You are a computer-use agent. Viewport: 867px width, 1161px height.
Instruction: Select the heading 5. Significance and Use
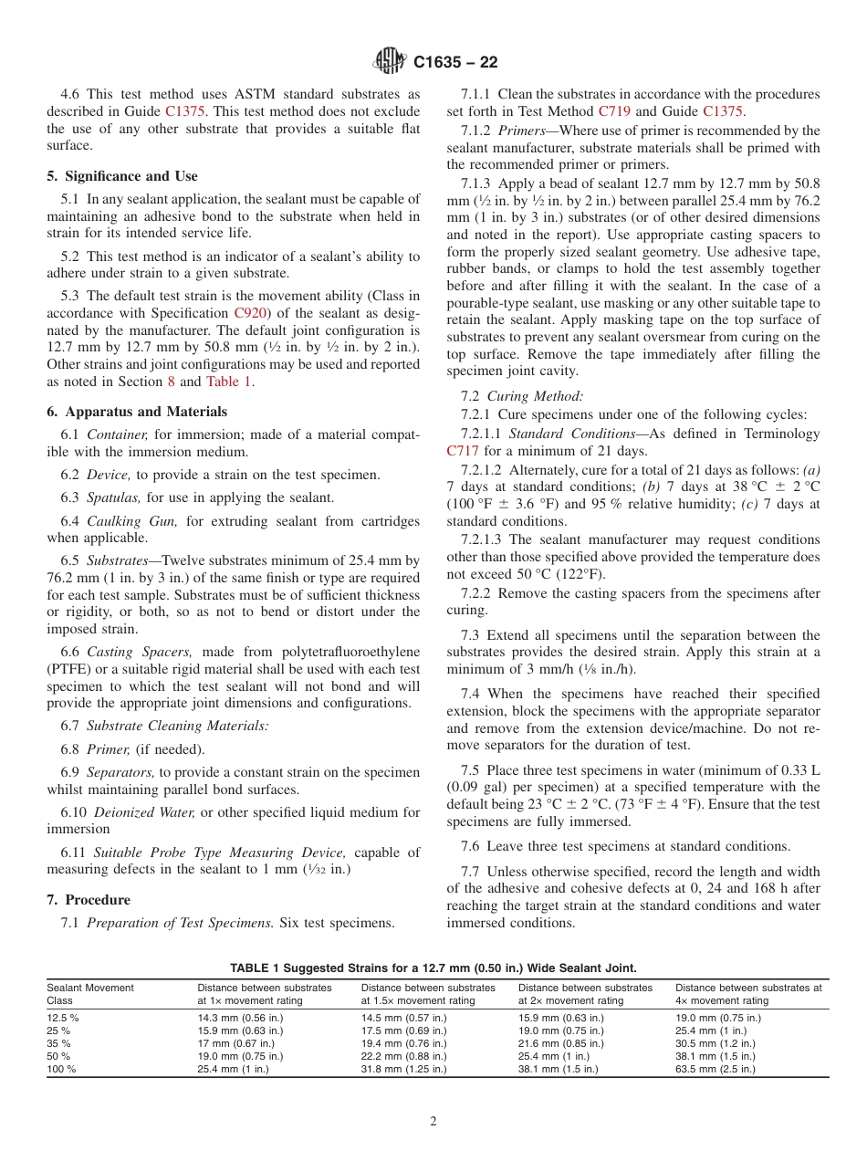122,176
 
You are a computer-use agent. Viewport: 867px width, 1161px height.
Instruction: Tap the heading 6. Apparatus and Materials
137,412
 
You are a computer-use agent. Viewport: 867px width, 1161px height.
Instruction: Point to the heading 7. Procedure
89,900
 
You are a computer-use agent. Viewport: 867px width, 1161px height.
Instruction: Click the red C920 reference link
251,312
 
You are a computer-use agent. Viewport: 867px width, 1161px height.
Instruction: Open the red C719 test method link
616,111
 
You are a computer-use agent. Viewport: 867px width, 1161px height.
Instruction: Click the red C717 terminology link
462,451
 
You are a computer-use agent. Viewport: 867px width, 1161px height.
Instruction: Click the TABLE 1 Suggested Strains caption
433,968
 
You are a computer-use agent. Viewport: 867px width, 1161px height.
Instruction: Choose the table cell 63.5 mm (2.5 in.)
715,1070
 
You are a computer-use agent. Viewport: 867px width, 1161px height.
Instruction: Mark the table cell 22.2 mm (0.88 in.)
403,1056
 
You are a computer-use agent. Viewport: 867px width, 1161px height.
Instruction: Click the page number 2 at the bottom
433,1122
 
